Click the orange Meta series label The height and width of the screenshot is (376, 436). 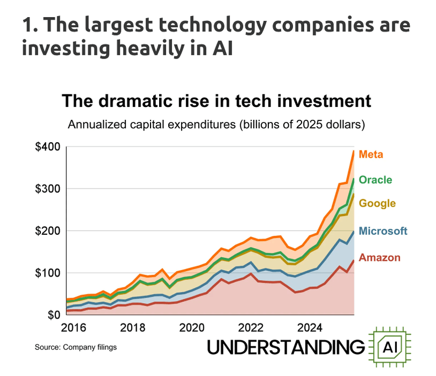click(x=370, y=154)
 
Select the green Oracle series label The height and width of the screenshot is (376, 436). click(x=375, y=180)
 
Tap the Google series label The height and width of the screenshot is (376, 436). click(x=377, y=204)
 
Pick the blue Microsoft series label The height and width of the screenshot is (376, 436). click(x=383, y=231)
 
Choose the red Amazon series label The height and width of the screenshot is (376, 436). click(x=380, y=258)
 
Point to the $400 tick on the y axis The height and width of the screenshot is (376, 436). click(x=47, y=147)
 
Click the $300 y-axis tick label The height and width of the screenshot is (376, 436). click(x=47, y=189)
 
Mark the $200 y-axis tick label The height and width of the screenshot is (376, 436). click(x=47, y=231)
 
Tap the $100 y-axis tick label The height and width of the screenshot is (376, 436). click(x=47, y=273)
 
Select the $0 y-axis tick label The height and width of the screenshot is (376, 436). click(x=54, y=315)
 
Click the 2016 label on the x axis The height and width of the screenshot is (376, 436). click(x=74, y=328)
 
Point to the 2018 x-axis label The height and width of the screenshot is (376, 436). click(x=133, y=328)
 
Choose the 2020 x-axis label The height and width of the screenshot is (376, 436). click(x=191, y=328)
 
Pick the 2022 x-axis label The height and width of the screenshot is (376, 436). click(x=251, y=328)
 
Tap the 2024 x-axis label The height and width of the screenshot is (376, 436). click(x=310, y=328)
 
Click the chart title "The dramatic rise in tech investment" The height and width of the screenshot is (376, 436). click(x=216, y=100)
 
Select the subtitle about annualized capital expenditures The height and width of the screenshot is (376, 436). click(x=216, y=125)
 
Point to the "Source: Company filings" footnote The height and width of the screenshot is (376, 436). click(x=76, y=347)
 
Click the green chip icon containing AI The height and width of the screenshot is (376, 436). click(x=390, y=347)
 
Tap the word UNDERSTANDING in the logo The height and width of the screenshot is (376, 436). click(x=286, y=347)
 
